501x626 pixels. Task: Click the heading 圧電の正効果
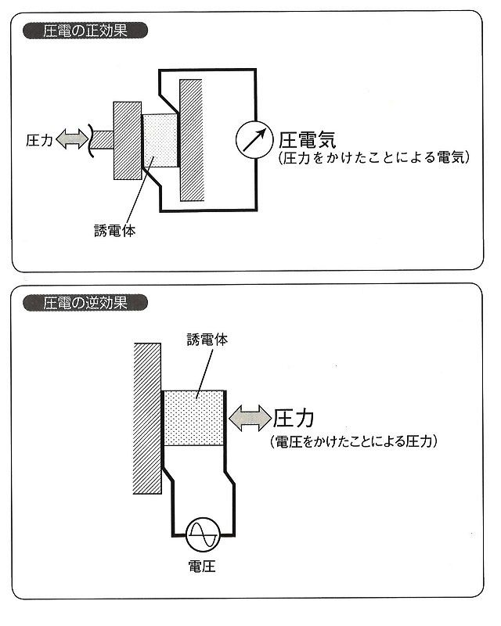click(x=85, y=31)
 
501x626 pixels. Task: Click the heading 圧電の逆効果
click(x=85, y=303)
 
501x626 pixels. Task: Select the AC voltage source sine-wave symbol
click(x=203, y=534)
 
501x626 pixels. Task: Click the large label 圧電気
click(x=307, y=140)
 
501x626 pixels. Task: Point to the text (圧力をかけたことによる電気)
click(x=374, y=157)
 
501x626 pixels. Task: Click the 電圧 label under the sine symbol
click(x=202, y=566)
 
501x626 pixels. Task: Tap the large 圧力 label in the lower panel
click(x=294, y=419)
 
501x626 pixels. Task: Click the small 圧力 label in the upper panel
click(x=39, y=140)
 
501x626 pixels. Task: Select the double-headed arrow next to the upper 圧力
click(x=72, y=139)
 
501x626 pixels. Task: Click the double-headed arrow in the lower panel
click(x=250, y=418)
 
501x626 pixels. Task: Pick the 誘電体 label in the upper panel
click(x=114, y=231)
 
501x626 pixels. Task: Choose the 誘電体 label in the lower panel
click(x=207, y=340)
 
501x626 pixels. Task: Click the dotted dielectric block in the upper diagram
click(x=160, y=141)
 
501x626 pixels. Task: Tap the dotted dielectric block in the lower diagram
click(x=194, y=418)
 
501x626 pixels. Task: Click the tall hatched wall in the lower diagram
click(x=147, y=419)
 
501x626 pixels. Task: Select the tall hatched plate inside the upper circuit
click(x=192, y=140)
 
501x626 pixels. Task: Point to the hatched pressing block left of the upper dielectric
click(x=128, y=141)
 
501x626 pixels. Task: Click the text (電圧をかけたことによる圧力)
click(x=354, y=441)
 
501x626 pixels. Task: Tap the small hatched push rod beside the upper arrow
click(x=103, y=140)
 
